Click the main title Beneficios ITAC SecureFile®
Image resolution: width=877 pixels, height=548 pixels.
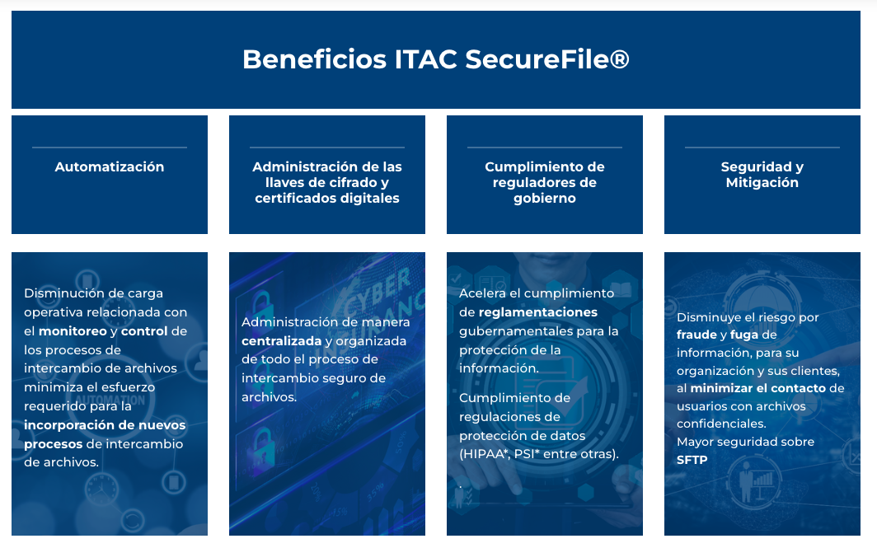point(435,59)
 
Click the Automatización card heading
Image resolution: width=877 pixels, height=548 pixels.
point(110,166)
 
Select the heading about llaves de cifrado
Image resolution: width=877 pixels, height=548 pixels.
point(327,182)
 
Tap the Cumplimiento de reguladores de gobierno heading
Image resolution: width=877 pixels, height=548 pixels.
point(545,182)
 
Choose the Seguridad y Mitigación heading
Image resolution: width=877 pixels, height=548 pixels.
point(762,175)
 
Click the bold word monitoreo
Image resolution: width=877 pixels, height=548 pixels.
point(73,331)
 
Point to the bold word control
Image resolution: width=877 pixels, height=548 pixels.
point(144,331)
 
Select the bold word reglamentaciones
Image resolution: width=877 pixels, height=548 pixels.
point(538,312)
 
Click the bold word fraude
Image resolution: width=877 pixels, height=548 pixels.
point(696,335)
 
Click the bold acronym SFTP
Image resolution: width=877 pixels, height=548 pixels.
point(692,460)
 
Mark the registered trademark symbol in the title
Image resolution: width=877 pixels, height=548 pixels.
point(621,59)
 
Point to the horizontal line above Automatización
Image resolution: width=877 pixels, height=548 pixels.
point(110,148)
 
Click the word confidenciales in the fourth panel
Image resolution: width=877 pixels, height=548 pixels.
point(721,424)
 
